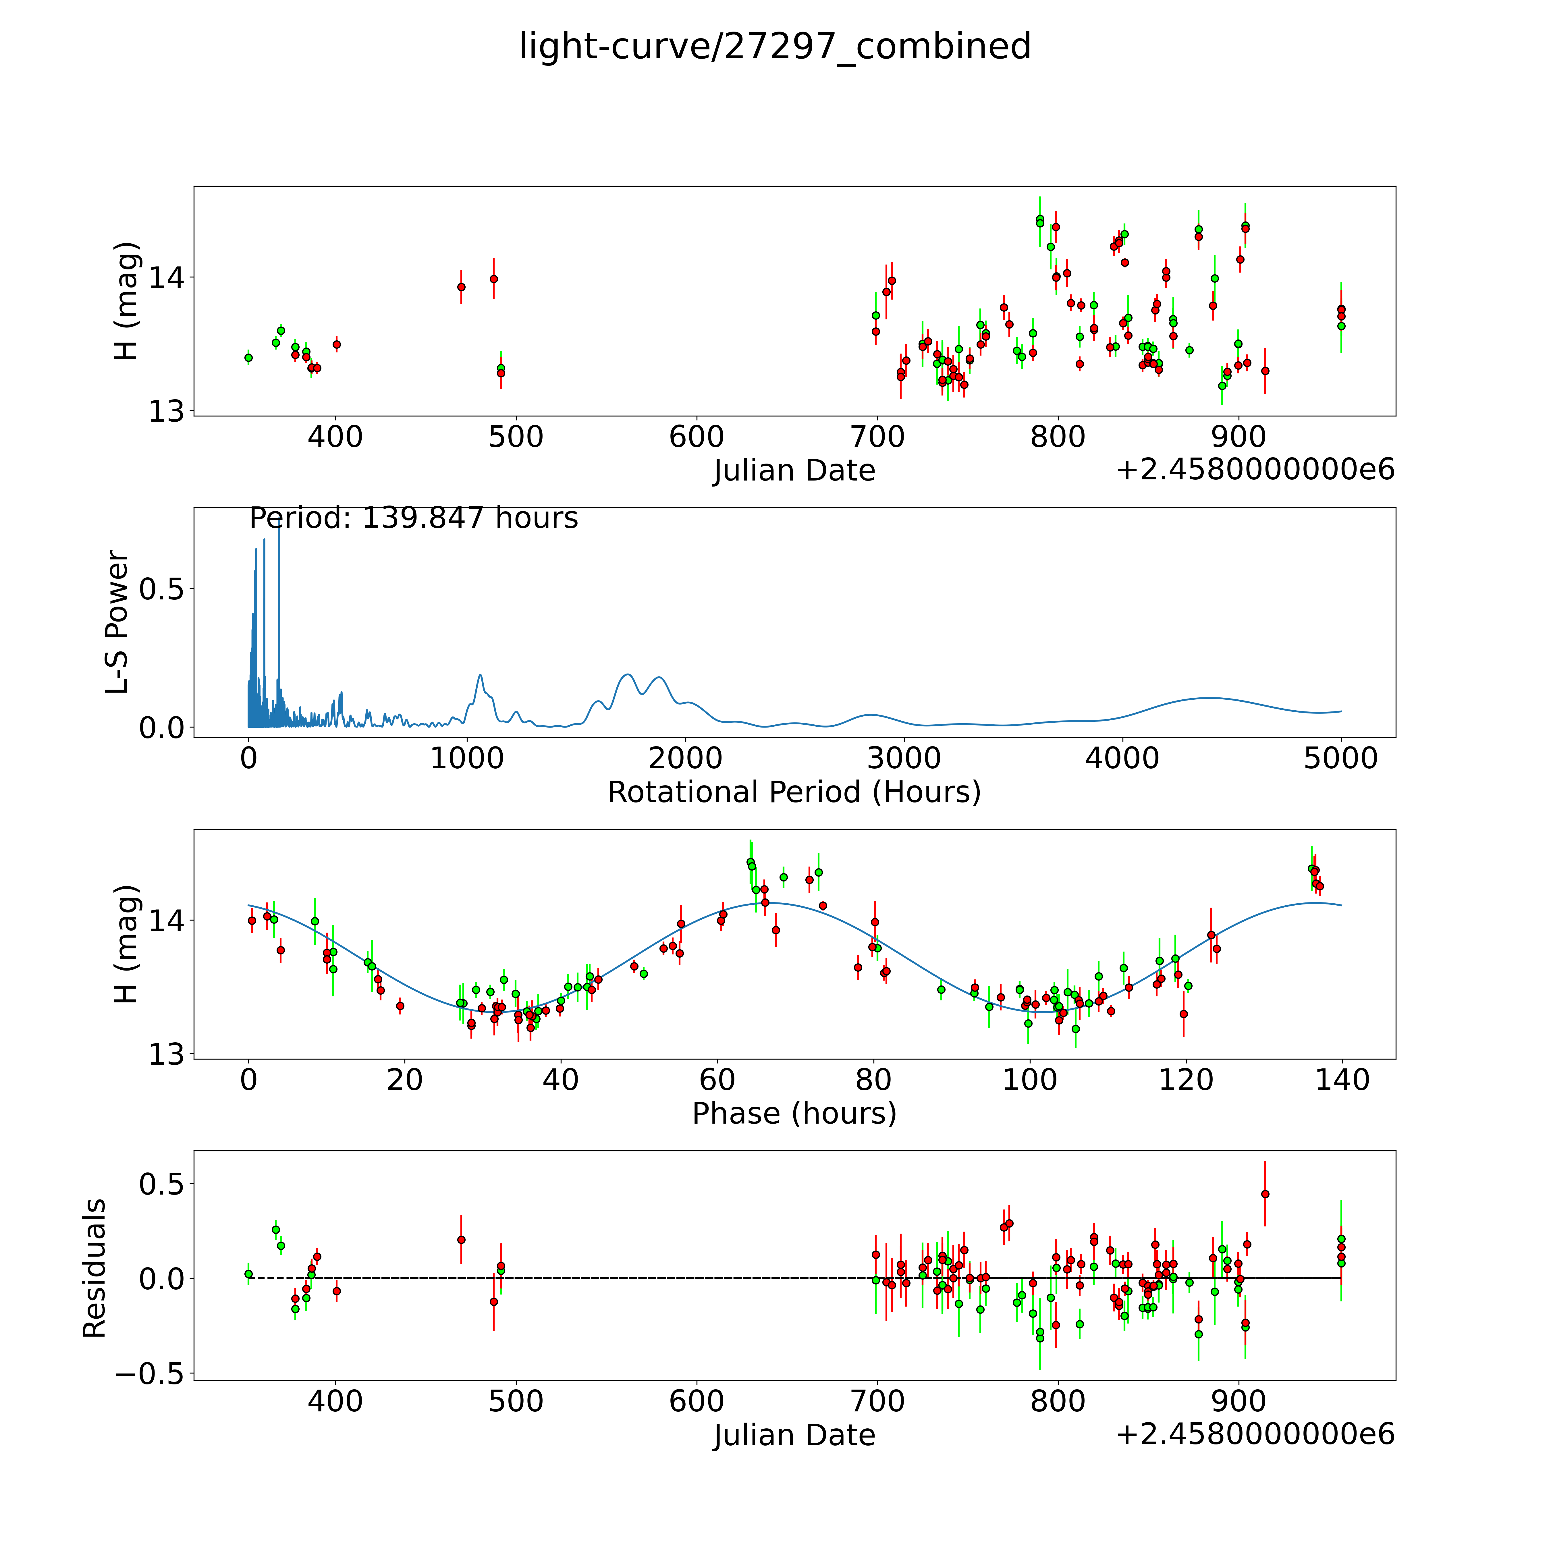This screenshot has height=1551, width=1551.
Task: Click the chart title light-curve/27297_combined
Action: click(x=775, y=47)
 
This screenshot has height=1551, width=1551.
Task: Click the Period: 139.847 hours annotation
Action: click(x=413, y=519)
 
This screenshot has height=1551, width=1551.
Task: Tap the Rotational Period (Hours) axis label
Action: click(x=794, y=792)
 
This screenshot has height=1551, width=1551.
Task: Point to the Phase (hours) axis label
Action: click(x=794, y=1114)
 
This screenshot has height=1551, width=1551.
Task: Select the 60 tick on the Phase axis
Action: click(x=717, y=1081)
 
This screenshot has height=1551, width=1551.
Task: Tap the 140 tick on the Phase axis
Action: click(x=1341, y=1081)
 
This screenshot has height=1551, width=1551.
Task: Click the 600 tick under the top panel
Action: click(x=696, y=437)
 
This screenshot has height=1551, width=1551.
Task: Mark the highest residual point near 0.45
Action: click(x=1265, y=1194)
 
